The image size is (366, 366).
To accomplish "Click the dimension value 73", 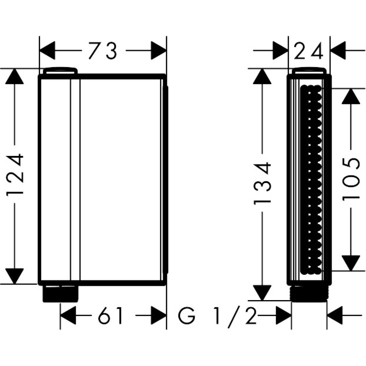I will coord(102,51).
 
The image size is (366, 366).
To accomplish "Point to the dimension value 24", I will coord(309,51).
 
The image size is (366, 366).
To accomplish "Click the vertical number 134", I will coord(263,183).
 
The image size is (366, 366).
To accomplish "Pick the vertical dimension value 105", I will coord(351,179).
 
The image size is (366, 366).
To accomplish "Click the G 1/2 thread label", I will coord(217,316).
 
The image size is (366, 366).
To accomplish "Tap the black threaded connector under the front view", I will coord(60,294).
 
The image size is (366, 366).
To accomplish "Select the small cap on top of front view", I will coord(60,70).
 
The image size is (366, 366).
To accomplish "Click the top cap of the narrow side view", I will coord(309,70).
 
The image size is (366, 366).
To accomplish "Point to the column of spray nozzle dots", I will coord(311,179).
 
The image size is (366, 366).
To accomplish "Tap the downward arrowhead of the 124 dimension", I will coord(15,276).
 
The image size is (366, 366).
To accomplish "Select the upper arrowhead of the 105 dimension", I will coord(351,97).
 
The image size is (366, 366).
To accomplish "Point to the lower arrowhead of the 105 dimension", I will coord(351,262).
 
